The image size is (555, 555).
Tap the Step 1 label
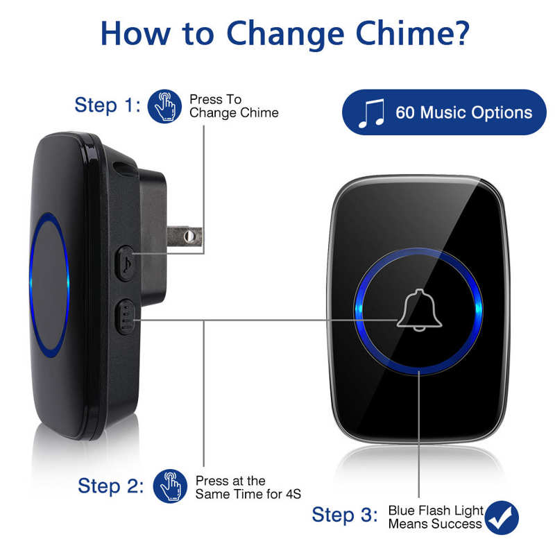click(x=108, y=105)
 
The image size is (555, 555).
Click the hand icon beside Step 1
click(x=164, y=106)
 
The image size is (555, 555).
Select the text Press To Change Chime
click(x=234, y=106)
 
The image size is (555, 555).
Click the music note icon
click(x=371, y=113)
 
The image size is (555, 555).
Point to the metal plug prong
click(x=184, y=236)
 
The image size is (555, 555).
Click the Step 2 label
click(x=111, y=486)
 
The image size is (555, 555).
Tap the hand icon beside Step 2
click(x=170, y=486)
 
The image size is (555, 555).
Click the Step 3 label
click(x=345, y=515)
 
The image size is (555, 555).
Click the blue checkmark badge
click(x=502, y=517)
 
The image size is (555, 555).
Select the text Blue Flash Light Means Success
click(x=435, y=517)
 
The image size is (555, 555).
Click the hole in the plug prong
click(x=189, y=237)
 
